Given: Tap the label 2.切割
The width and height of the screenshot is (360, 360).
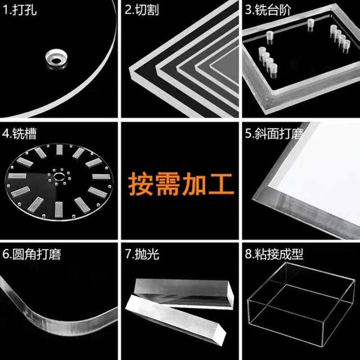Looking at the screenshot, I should [143, 10].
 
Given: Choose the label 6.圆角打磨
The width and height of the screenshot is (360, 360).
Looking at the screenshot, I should [31, 255].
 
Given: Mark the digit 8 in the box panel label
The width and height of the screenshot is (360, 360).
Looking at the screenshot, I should [248, 255].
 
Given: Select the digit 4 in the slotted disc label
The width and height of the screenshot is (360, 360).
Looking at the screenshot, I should [6, 134].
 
